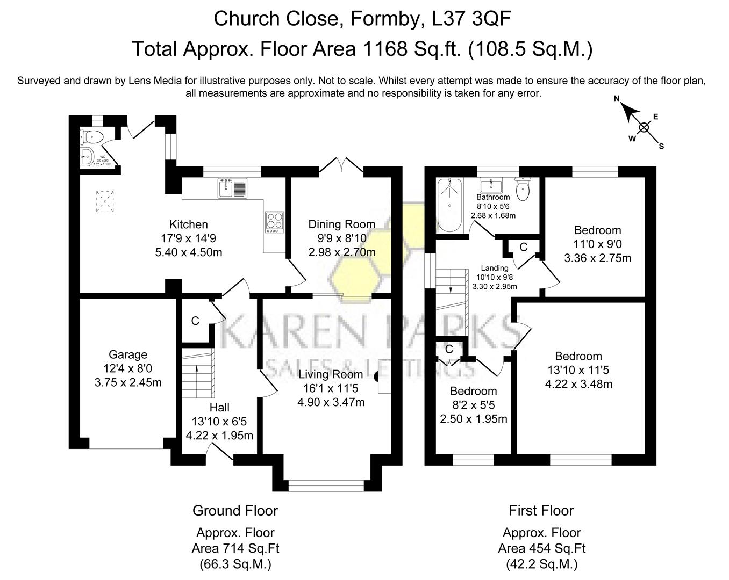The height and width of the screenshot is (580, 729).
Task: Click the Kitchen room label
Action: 188,224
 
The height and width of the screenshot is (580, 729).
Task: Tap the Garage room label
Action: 128,354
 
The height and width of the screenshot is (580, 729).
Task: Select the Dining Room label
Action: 341,224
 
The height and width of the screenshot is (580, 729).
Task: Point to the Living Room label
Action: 331,374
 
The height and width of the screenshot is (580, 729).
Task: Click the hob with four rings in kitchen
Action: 274,222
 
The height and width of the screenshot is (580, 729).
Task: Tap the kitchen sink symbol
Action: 232,188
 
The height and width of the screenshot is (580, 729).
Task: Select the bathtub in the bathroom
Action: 449,205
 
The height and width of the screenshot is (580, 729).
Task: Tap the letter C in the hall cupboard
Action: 195,321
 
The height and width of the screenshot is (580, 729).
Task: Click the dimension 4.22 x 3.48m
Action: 578,384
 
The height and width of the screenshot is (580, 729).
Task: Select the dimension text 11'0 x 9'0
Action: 597,244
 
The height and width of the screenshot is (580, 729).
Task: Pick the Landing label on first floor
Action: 494,268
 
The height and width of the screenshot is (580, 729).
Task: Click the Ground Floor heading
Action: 235,510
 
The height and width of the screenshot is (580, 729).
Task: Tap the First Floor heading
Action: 541,510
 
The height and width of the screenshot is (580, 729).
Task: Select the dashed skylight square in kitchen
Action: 105,202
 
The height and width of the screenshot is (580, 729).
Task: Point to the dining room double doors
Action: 342,165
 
